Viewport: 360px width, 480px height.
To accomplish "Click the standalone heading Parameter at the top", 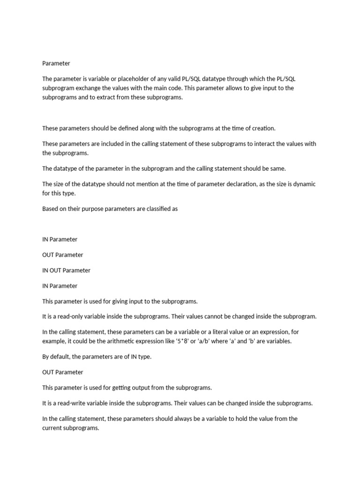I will [56, 63].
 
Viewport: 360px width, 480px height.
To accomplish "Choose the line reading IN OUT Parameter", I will [66, 270].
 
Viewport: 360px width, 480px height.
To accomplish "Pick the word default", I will [60, 356].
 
